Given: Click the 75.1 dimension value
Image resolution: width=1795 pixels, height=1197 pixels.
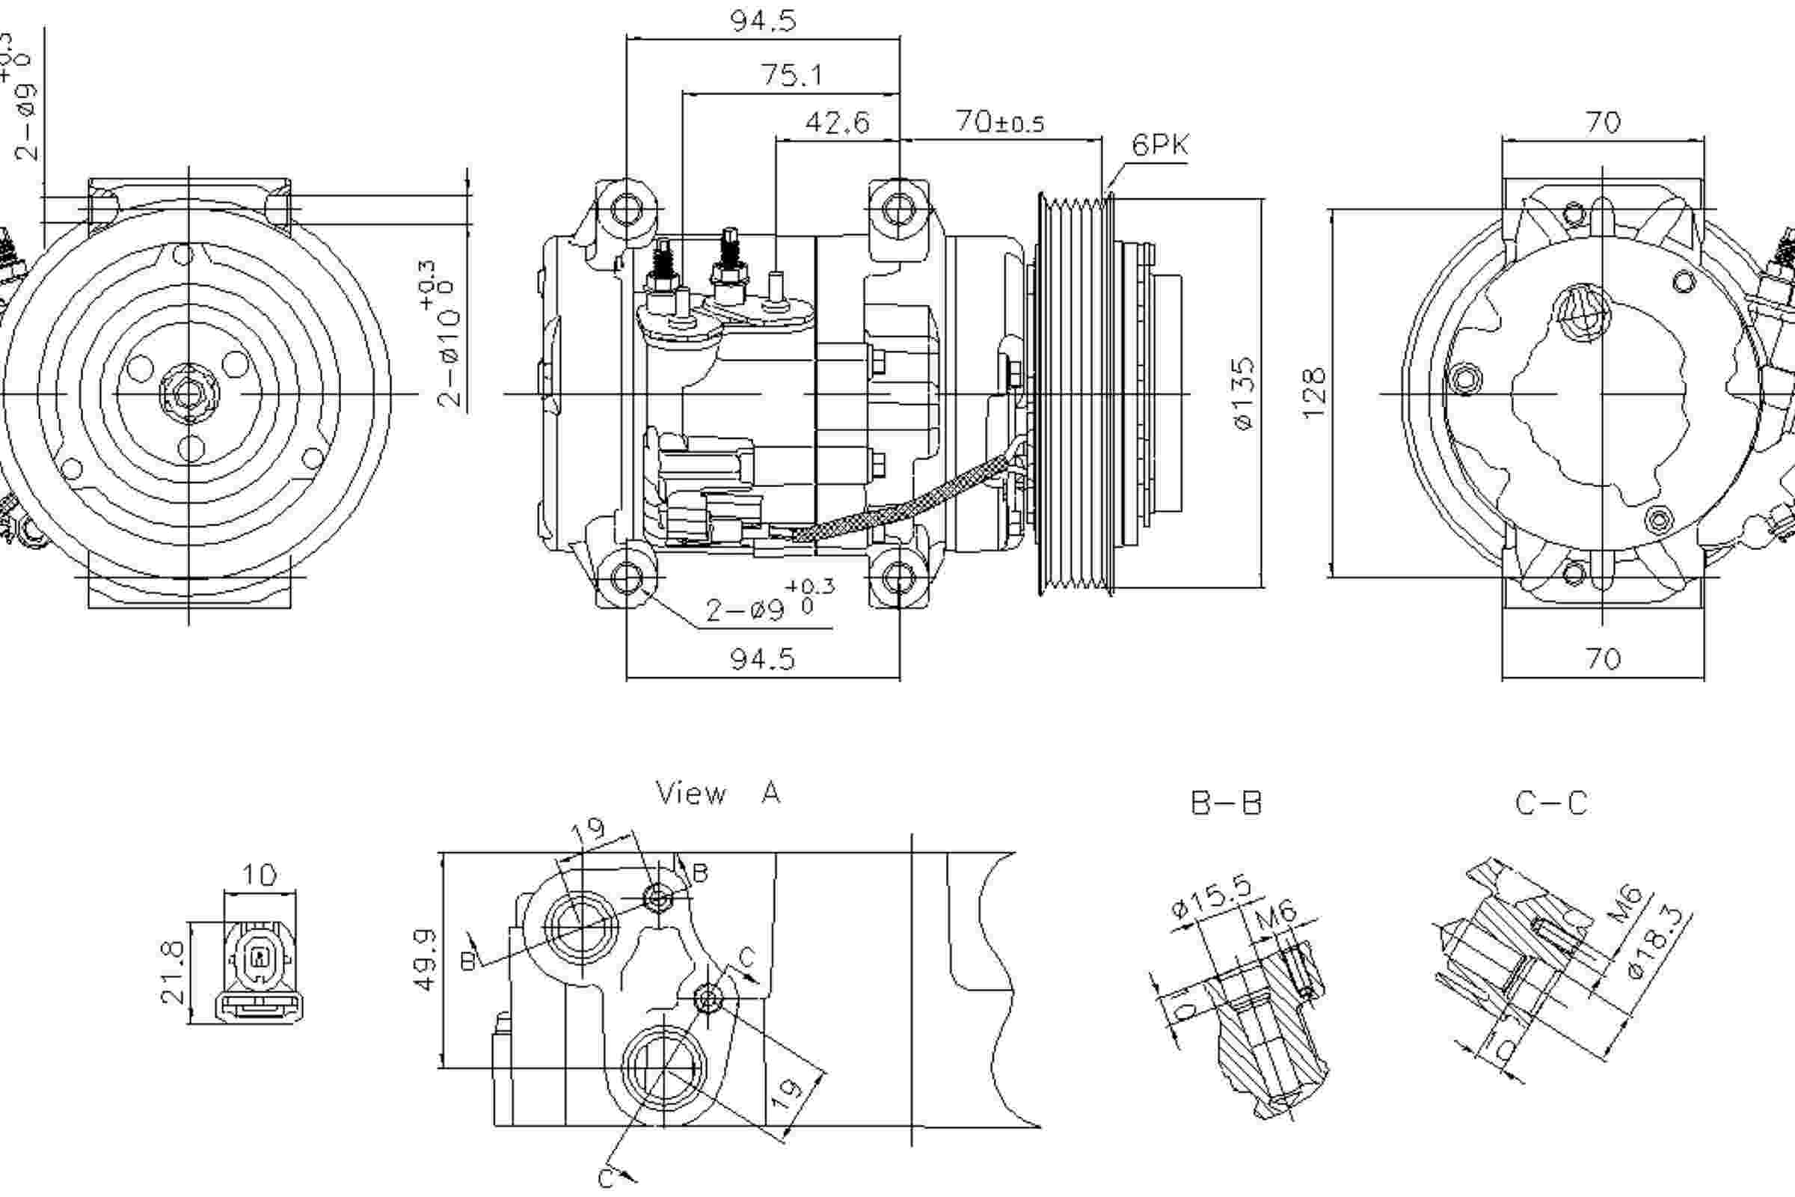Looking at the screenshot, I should pyautogui.click(x=791, y=76).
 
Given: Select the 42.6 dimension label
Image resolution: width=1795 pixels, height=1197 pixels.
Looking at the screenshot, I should pyautogui.click(x=837, y=122).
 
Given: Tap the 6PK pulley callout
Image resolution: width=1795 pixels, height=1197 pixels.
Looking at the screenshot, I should pyautogui.click(x=1159, y=145).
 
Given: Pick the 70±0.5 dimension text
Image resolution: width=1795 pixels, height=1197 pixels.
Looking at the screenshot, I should pyautogui.click(x=1000, y=122).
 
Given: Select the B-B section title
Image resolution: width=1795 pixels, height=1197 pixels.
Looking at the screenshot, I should pyautogui.click(x=1227, y=802).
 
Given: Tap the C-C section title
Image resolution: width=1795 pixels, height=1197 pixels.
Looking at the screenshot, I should pyautogui.click(x=1551, y=802).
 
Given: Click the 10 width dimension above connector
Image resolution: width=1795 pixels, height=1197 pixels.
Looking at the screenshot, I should pyautogui.click(x=260, y=874).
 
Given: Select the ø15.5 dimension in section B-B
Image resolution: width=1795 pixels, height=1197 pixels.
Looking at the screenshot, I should pyautogui.click(x=1211, y=898).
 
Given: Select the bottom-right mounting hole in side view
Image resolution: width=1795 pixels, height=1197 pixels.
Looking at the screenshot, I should pyautogui.click(x=899, y=578).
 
